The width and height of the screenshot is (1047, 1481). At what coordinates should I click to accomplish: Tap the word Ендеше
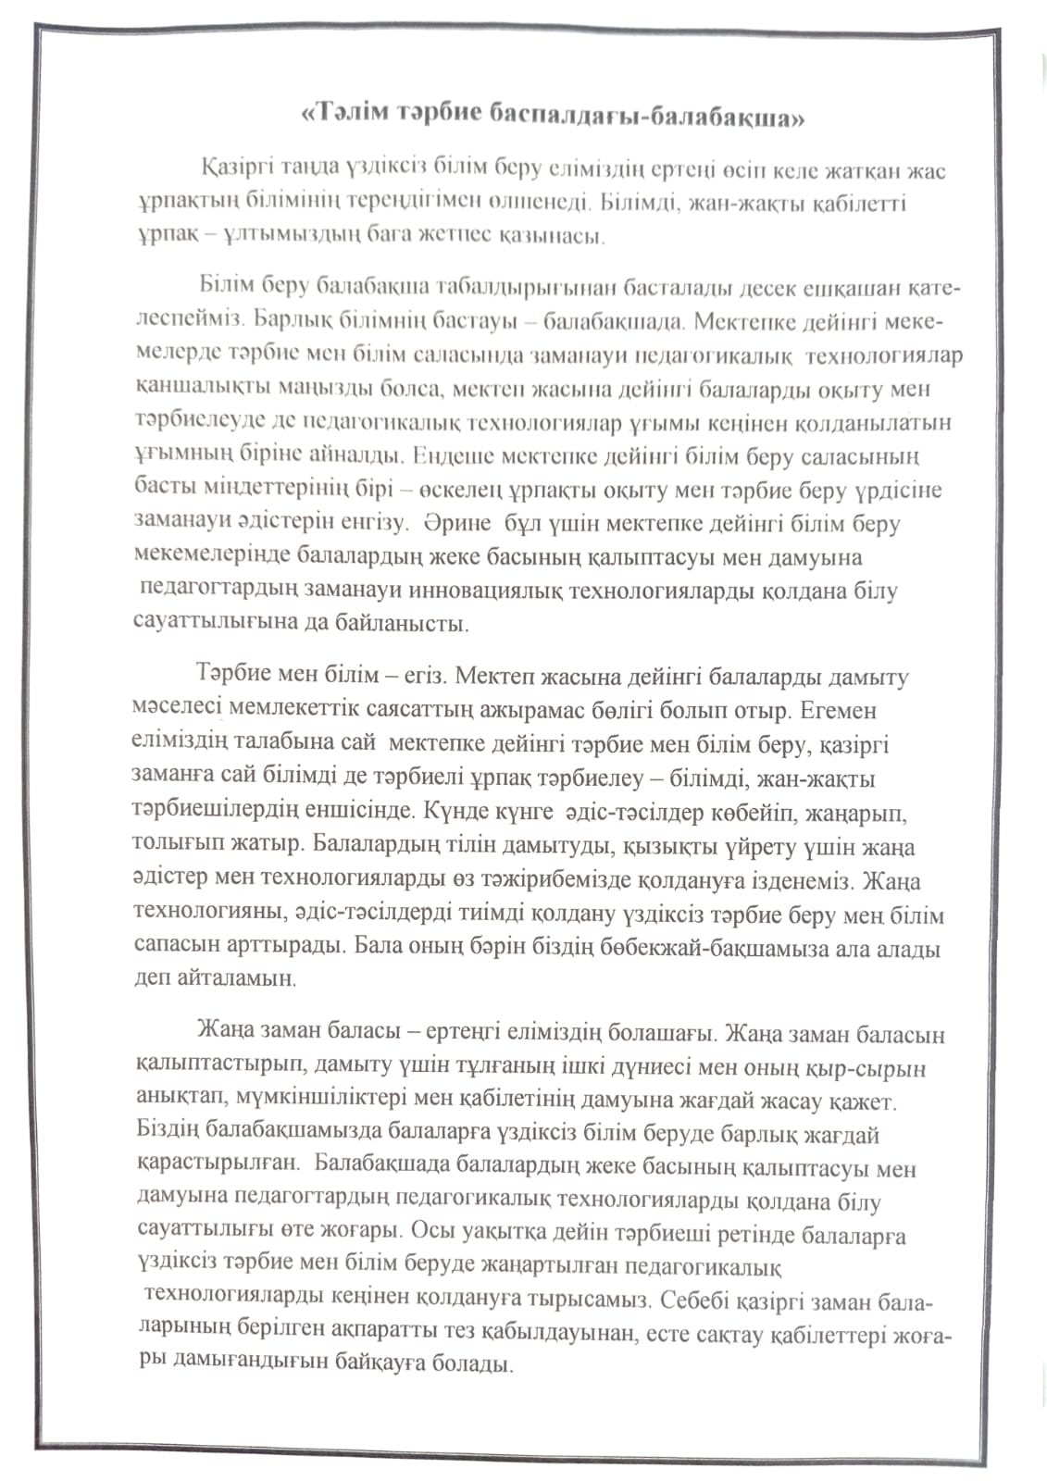450,455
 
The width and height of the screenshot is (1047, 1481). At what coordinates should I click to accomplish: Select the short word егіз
427,676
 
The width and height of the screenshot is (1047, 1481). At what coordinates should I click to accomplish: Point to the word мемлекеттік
290,710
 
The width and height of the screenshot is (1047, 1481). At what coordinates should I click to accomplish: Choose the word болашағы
656,1033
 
